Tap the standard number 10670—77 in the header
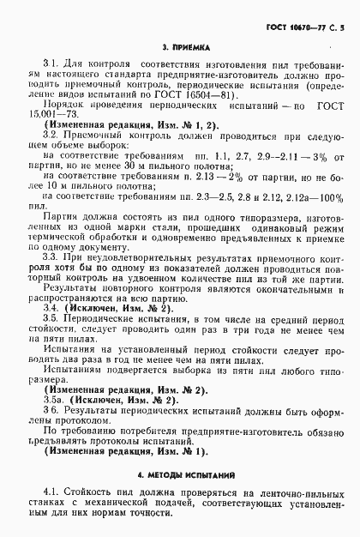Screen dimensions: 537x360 point(302,15)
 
